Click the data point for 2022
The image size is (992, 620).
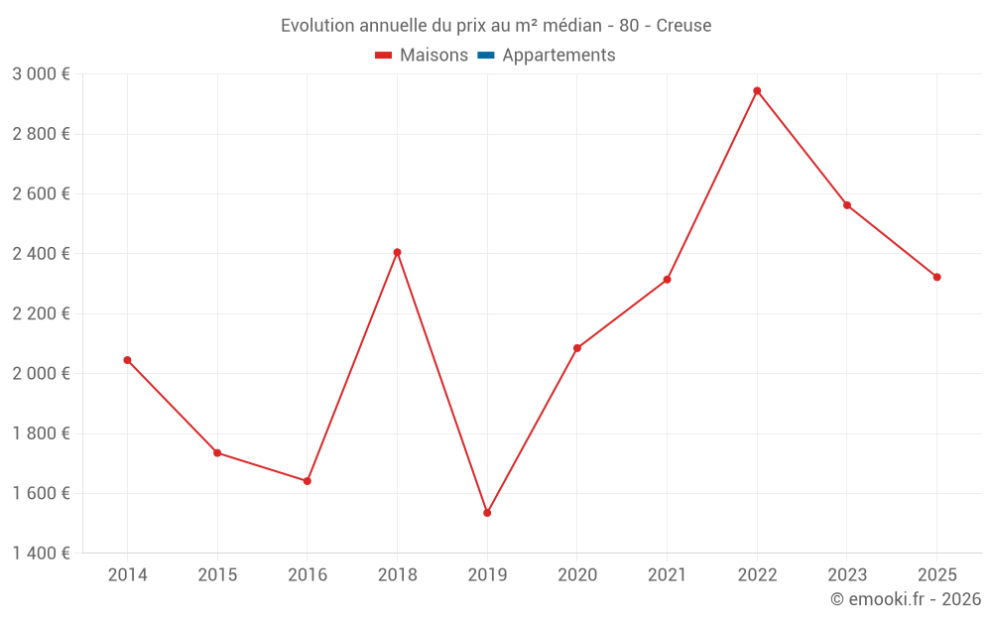pyautogui.click(x=757, y=91)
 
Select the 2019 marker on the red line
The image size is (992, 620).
pyautogui.click(x=487, y=513)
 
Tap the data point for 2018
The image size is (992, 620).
pyautogui.click(x=398, y=252)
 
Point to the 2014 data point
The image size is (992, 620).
pyautogui.click(x=127, y=361)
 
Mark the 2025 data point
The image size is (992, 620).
pyautogui.click(x=937, y=277)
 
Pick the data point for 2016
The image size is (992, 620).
pyautogui.click(x=308, y=481)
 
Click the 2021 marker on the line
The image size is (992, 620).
pyautogui.click(x=667, y=280)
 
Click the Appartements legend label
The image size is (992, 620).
pyautogui.click(x=558, y=55)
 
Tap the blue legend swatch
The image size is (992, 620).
pyautogui.click(x=486, y=56)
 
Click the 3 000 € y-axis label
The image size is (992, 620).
pyautogui.click(x=41, y=74)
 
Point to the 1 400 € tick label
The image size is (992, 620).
pyautogui.click(x=41, y=553)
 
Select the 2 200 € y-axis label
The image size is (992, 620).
pyautogui.click(x=41, y=313)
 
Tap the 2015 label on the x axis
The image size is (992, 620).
pyautogui.click(x=217, y=574)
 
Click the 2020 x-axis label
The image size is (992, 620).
pyautogui.click(x=577, y=574)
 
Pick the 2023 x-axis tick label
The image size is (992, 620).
pyautogui.click(x=847, y=574)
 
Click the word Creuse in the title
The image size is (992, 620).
pyautogui.click(x=683, y=26)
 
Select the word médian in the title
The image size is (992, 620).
pyautogui.click(x=572, y=26)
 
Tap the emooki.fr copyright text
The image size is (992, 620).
pyautogui.click(x=906, y=598)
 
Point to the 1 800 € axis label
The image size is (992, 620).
pyautogui.click(x=41, y=434)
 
